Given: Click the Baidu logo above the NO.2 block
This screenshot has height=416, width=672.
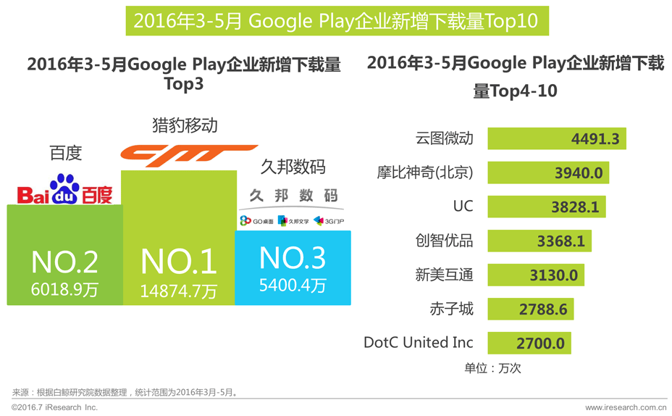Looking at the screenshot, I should (65, 191).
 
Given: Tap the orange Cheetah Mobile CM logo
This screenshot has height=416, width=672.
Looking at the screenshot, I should (178, 154).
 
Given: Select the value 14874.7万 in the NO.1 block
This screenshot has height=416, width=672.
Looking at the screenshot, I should (178, 291).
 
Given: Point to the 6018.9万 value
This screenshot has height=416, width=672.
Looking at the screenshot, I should (64, 290).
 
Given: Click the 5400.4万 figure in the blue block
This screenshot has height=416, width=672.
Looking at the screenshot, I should (293, 285).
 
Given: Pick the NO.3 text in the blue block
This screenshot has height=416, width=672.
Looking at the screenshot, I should (293, 258).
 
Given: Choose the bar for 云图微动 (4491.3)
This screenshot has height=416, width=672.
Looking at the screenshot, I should (556, 138).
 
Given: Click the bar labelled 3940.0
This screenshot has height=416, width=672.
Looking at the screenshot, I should (547, 172).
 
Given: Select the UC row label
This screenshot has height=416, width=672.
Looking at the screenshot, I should (463, 206).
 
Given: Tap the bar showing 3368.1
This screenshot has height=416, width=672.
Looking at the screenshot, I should (539, 241).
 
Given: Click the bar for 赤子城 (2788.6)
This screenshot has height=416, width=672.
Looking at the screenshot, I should (530, 309).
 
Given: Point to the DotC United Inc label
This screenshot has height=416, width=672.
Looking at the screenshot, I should (419, 342).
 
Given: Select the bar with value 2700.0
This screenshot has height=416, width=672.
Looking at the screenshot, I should (529, 343).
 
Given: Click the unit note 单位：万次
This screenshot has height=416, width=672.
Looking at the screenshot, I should (492, 368).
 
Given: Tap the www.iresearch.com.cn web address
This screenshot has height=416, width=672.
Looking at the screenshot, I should (626, 408).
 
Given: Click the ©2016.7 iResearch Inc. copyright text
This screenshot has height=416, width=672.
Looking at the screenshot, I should (55, 408).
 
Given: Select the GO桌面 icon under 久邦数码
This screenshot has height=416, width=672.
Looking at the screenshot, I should (257, 221).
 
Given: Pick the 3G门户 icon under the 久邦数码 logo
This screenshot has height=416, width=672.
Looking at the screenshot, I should (329, 221).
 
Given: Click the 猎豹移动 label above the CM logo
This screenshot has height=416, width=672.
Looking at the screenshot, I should (185, 125).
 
